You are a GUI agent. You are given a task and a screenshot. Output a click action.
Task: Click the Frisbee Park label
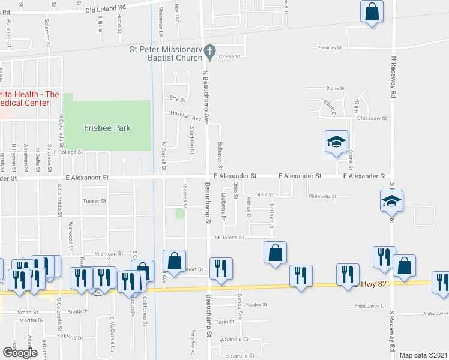coord(107,128)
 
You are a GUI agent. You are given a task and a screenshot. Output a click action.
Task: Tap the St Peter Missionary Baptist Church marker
coord(209,51)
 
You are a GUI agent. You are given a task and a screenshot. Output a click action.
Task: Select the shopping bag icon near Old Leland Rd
coord(372,11)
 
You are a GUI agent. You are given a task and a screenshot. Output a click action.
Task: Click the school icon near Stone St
coord(336,142)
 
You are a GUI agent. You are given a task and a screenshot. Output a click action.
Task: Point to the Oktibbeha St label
coord(328,196)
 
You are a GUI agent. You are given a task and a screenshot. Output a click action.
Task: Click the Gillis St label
coord(264,194)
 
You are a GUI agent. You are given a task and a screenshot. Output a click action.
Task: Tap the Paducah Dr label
coord(327,47)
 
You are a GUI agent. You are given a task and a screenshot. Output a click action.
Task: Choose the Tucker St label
coord(94,201)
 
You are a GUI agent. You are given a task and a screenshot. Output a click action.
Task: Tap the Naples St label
coord(257,305)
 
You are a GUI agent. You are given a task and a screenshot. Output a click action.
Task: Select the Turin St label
coord(224,322)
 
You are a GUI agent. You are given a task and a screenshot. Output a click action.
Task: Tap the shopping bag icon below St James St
coord(275,253)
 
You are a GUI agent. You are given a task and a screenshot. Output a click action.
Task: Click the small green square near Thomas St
coord(179,213)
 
